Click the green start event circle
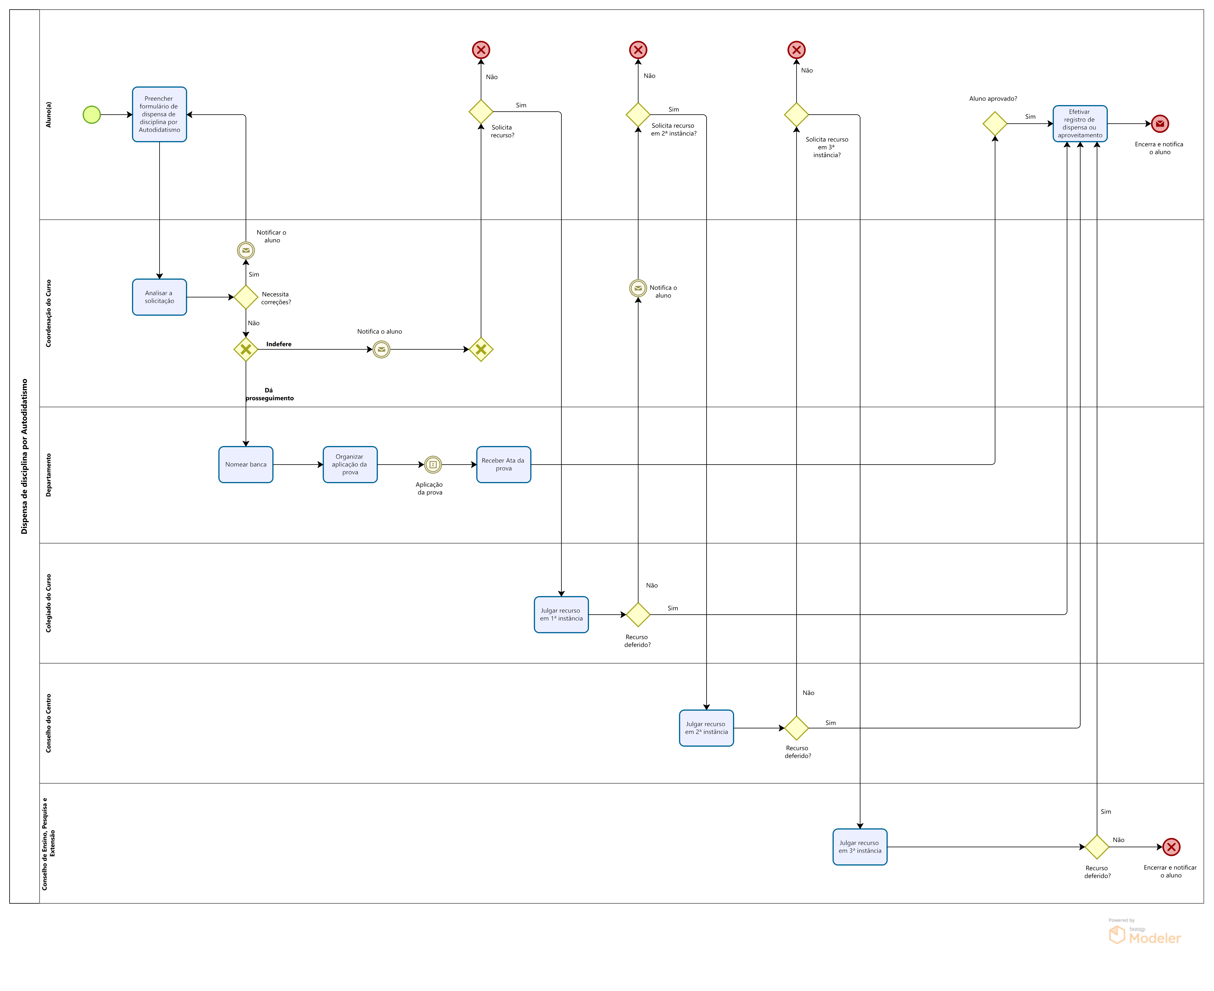[92, 115]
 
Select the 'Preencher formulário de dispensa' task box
[159, 114]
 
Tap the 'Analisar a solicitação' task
[159, 297]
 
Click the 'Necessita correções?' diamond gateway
[246, 297]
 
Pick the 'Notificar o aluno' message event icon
[246, 250]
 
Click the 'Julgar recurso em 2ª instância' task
[706, 728]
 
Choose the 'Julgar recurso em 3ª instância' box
[860, 847]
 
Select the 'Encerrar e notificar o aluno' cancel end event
[1171, 847]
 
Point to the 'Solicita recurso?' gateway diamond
[481, 111]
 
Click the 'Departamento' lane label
[49, 475]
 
